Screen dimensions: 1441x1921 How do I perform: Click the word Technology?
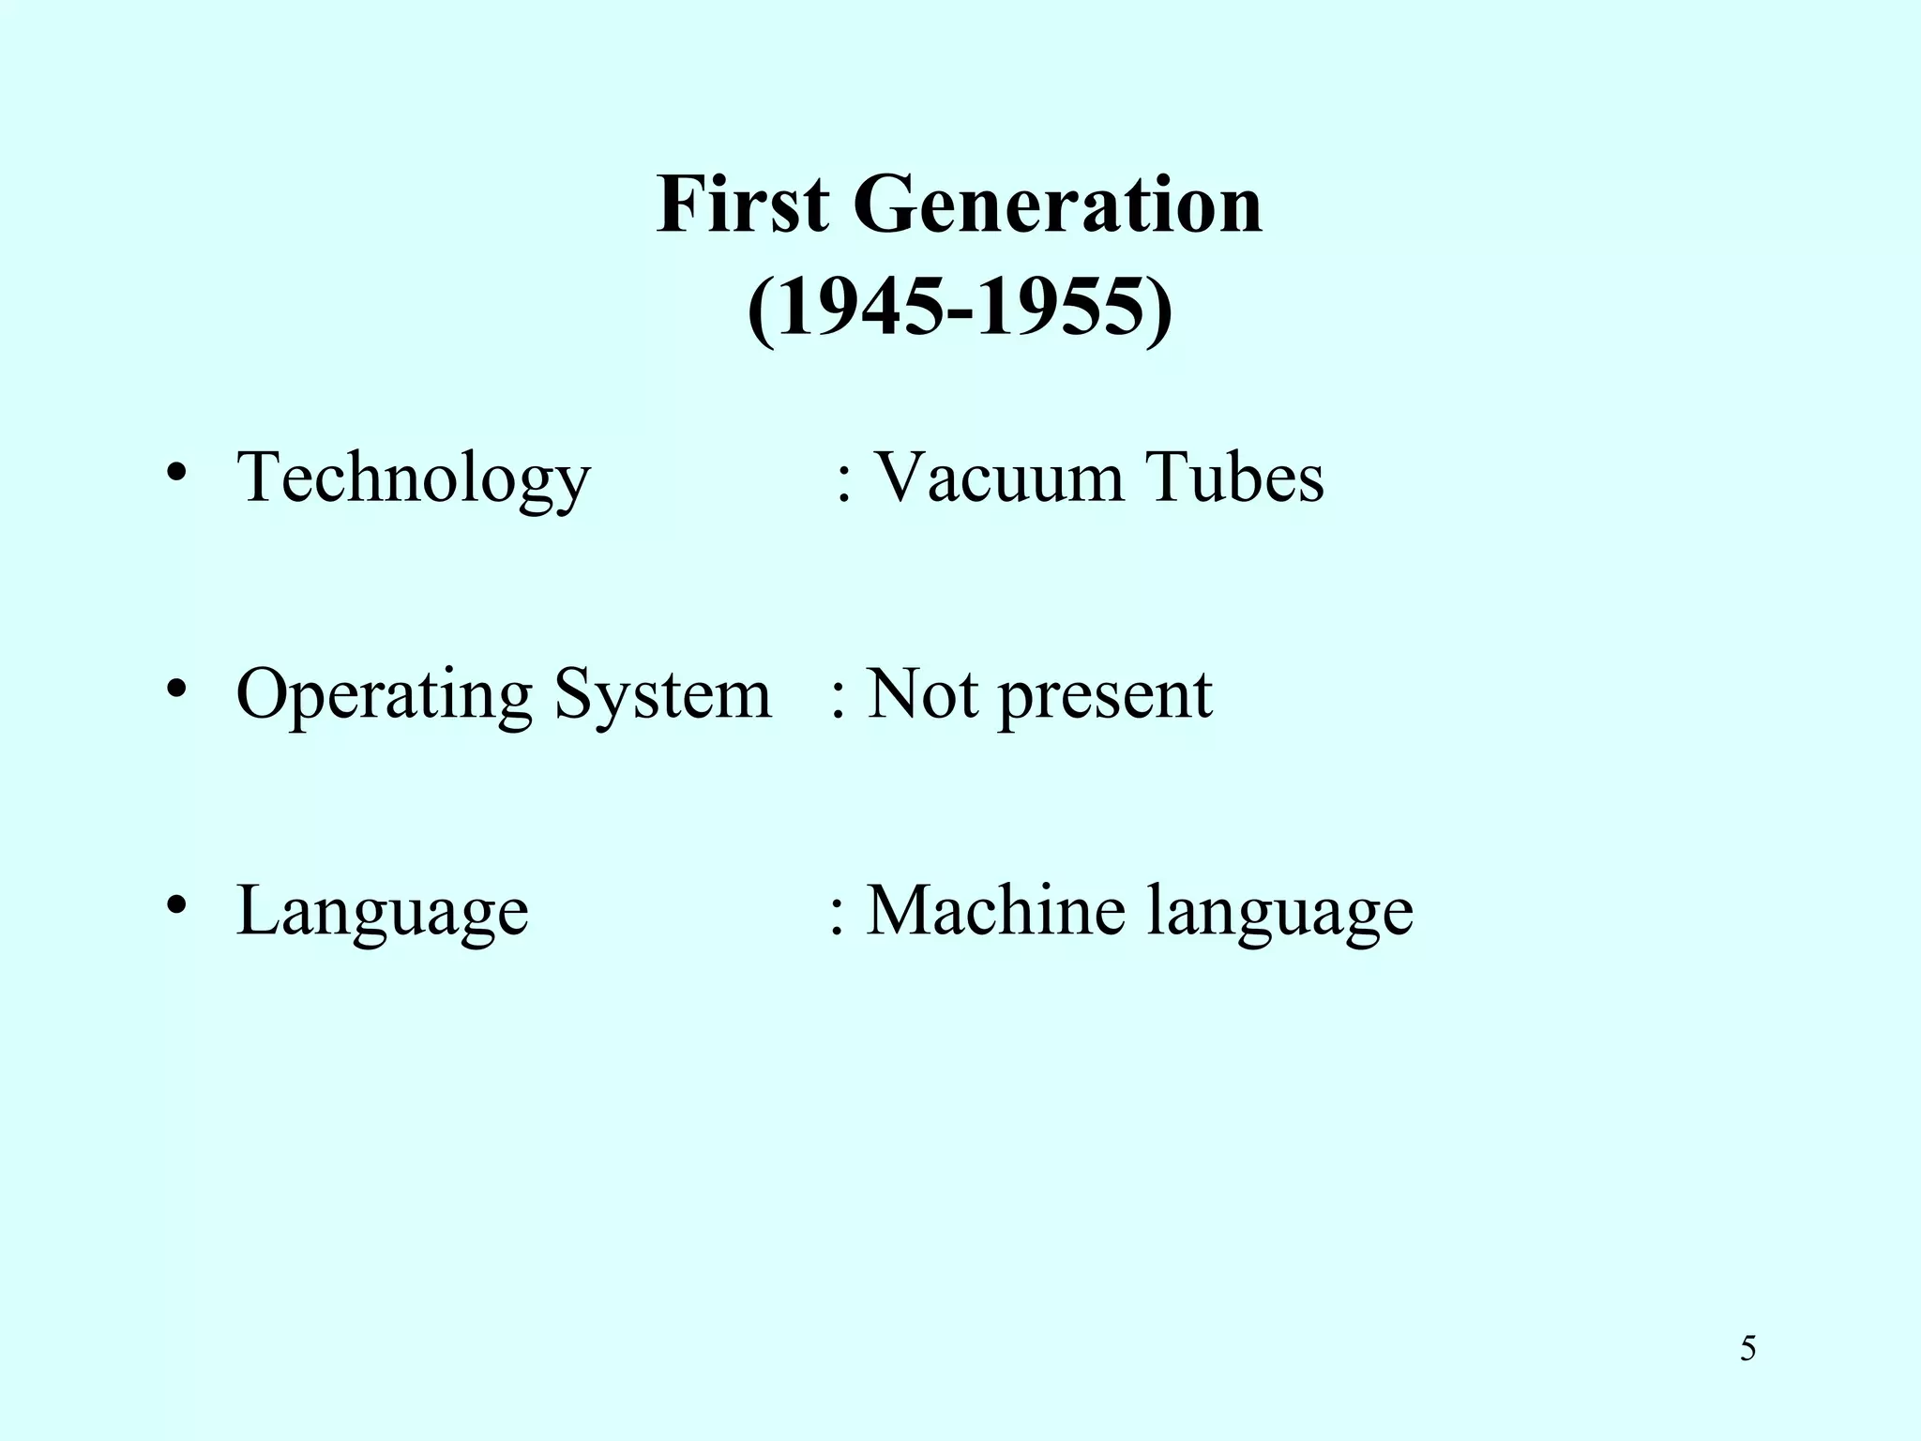(414, 478)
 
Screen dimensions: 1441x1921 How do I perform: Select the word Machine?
(994, 910)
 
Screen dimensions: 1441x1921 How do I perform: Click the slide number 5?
(1747, 1349)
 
